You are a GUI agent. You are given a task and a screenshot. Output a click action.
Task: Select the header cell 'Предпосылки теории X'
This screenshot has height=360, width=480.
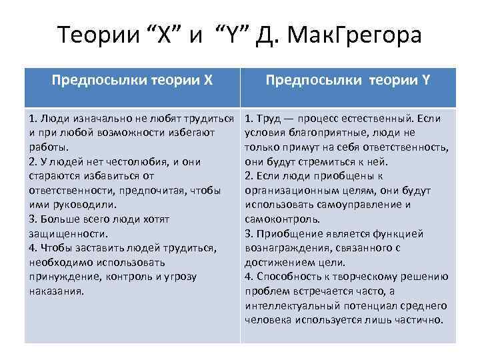coord(133,81)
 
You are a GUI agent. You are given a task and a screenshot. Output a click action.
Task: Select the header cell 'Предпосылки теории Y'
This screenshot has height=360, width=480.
coord(348,81)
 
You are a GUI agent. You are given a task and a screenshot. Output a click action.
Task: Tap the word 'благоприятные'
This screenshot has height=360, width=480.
coord(322,133)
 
